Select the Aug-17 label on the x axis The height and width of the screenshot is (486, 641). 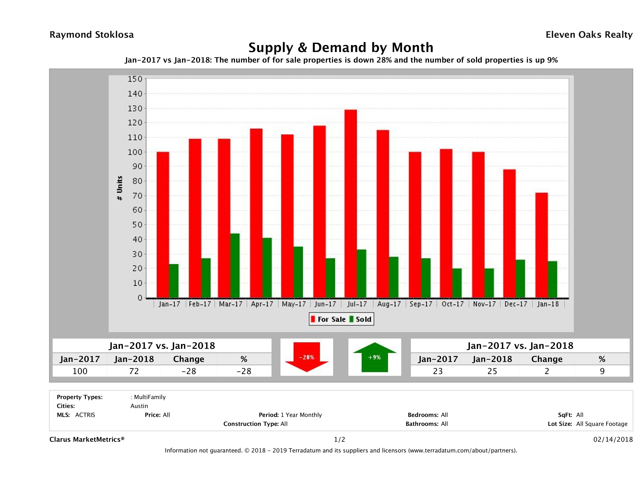389,304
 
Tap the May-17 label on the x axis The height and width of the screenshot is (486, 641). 294,304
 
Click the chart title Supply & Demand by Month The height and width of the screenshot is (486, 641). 341,47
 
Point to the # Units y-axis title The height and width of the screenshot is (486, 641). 119,188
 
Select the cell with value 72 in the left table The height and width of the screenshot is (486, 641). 134,371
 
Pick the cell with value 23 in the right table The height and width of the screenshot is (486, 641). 438,371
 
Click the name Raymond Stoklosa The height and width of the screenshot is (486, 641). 92,35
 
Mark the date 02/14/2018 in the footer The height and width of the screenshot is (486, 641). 613,439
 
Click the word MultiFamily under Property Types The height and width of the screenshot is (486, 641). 150,397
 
